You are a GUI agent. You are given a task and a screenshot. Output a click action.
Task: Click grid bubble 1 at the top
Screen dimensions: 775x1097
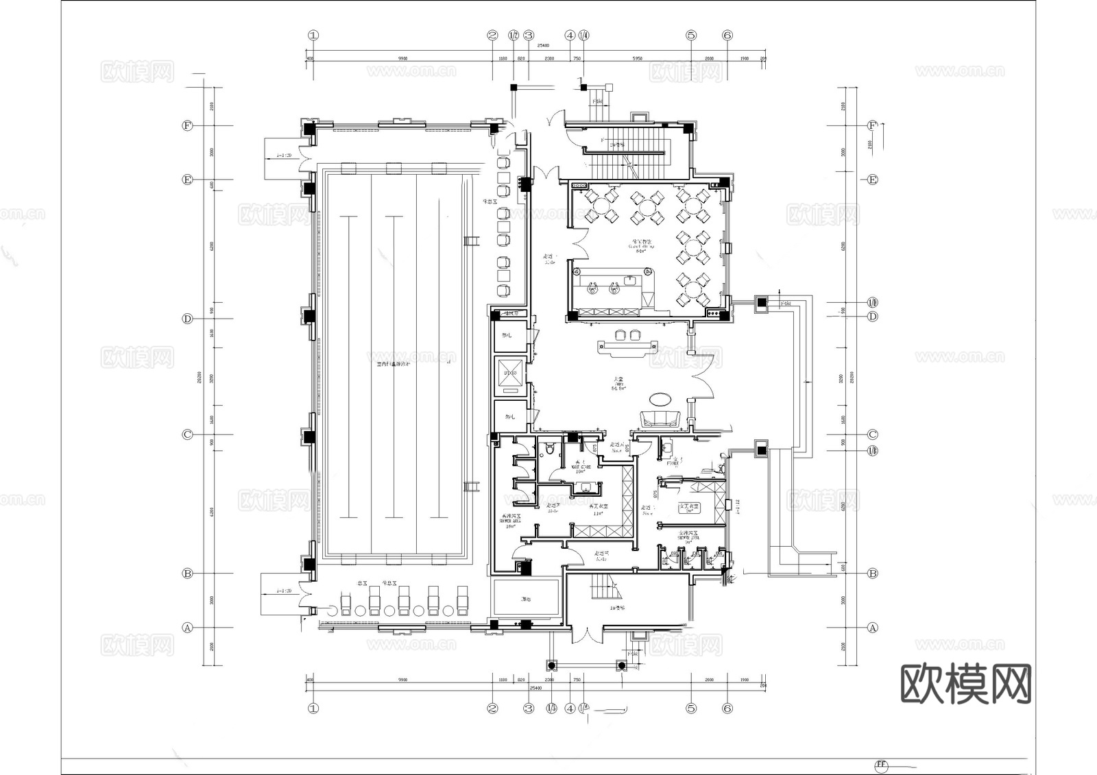click(314, 35)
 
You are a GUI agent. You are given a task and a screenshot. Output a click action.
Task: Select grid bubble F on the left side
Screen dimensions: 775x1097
click(186, 125)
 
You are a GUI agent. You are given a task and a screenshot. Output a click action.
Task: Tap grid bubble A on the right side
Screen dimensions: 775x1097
click(872, 627)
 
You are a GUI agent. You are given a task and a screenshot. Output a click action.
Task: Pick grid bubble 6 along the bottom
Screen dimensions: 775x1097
click(727, 708)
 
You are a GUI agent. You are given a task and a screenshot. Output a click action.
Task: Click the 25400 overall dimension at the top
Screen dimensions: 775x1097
click(543, 45)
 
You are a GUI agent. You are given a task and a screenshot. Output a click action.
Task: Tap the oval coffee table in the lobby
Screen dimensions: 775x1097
click(662, 397)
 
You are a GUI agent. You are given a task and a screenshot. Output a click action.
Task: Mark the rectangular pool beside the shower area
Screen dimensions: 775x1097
click(526, 600)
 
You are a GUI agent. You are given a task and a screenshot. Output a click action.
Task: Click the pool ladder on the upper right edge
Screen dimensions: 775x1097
click(472, 241)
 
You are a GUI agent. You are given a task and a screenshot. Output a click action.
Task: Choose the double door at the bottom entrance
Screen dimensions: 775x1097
click(586, 635)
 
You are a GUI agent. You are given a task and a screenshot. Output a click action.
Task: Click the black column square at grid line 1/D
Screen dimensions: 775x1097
click(762, 302)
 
